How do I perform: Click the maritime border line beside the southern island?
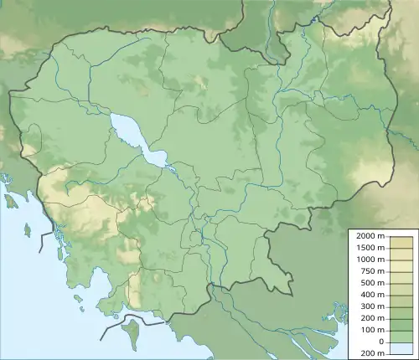114,327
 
